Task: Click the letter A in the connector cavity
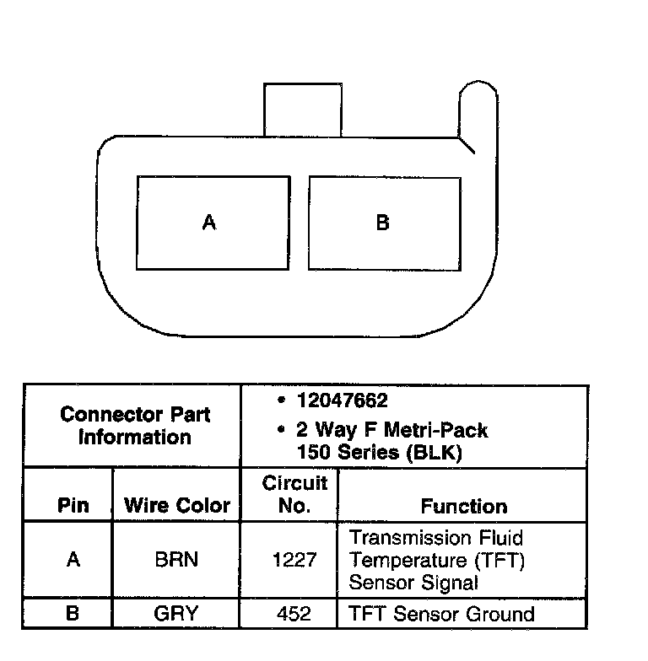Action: (209, 223)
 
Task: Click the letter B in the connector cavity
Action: (382, 223)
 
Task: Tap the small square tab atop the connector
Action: (302, 109)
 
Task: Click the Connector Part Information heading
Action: (135, 426)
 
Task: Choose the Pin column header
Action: (73, 506)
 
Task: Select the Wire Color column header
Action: (177, 506)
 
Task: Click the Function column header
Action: (463, 506)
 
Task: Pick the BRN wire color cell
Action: (176, 560)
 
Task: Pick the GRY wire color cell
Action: (175, 613)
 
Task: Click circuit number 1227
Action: (294, 560)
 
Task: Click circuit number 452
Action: (294, 613)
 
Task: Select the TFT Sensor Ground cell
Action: (441, 613)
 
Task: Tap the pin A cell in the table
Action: (73, 560)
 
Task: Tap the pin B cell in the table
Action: (73, 613)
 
